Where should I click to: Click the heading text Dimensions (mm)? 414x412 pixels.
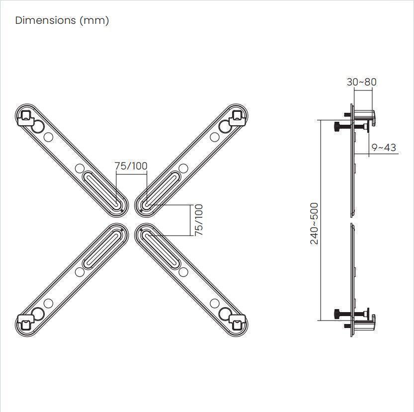62,20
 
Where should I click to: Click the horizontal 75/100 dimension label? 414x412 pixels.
131,166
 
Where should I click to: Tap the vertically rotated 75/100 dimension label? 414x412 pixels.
199,220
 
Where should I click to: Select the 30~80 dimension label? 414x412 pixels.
361,82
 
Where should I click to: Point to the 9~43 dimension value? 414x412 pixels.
384,148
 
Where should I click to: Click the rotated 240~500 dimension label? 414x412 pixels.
315,223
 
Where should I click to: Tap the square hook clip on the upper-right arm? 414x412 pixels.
238,116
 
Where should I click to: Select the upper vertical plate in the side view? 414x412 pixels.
353,164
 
